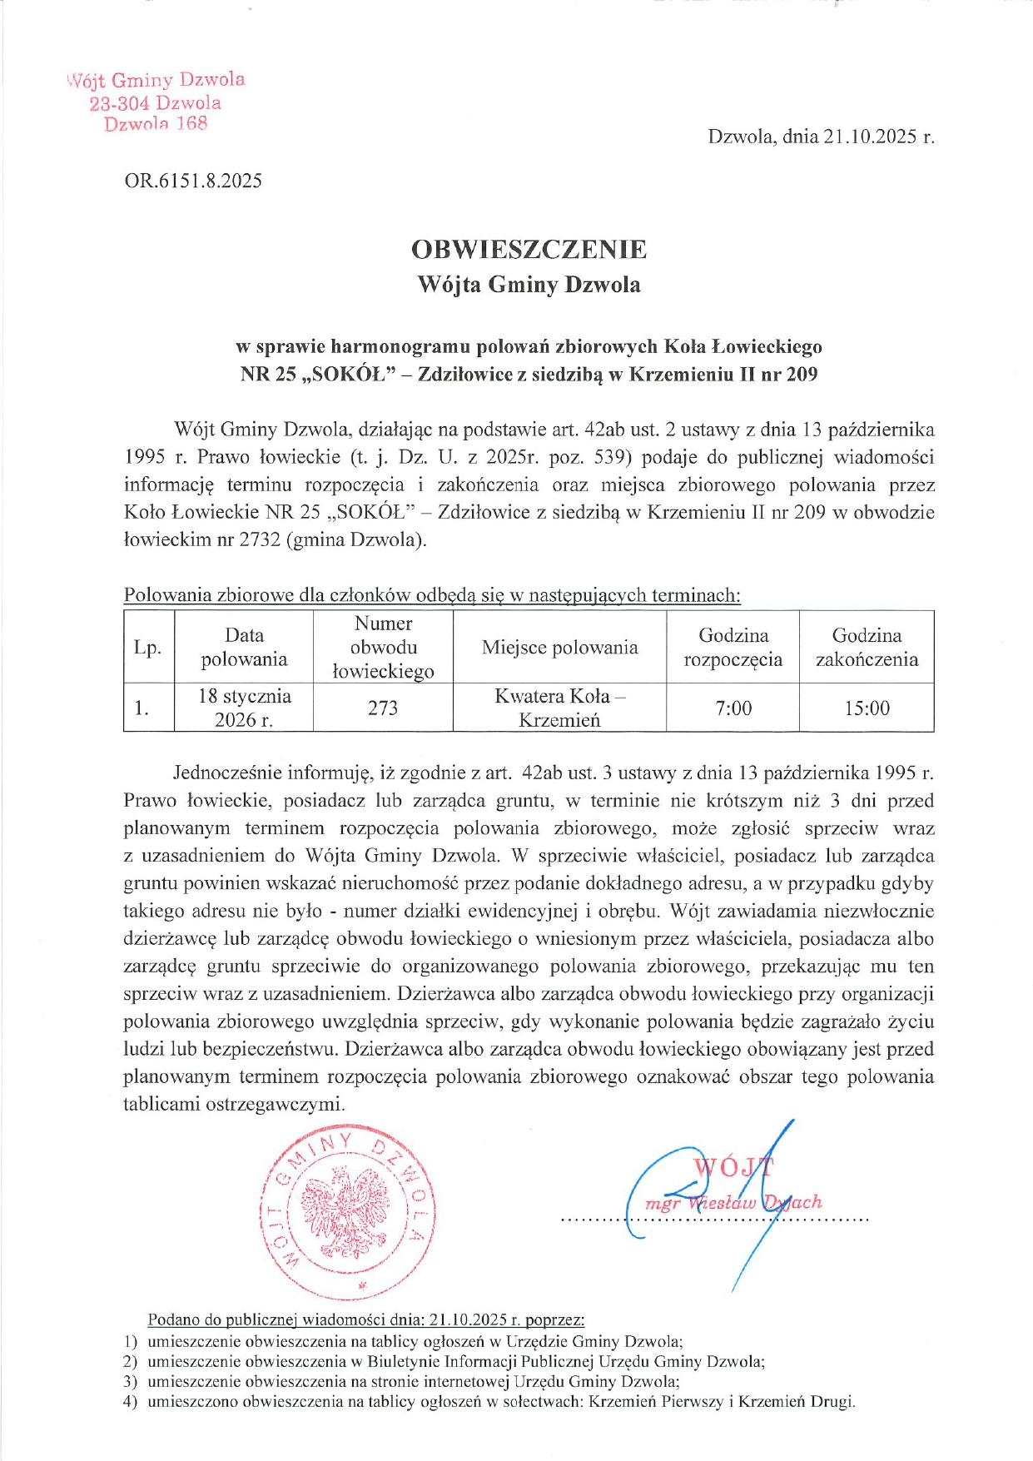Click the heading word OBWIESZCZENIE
click(529, 249)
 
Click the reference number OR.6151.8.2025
click(193, 181)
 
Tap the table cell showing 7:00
click(733, 708)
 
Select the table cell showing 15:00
click(867, 708)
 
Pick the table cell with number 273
click(383, 708)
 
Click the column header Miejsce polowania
click(559, 648)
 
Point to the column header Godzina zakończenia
click(867, 648)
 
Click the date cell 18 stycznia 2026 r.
click(244, 708)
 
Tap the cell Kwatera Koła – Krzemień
click(559, 708)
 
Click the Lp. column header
click(148, 648)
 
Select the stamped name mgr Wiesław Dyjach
click(733, 1202)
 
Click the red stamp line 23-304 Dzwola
click(156, 103)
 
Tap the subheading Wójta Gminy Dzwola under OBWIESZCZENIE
click(529, 285)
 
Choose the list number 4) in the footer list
click(130, 1401)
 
